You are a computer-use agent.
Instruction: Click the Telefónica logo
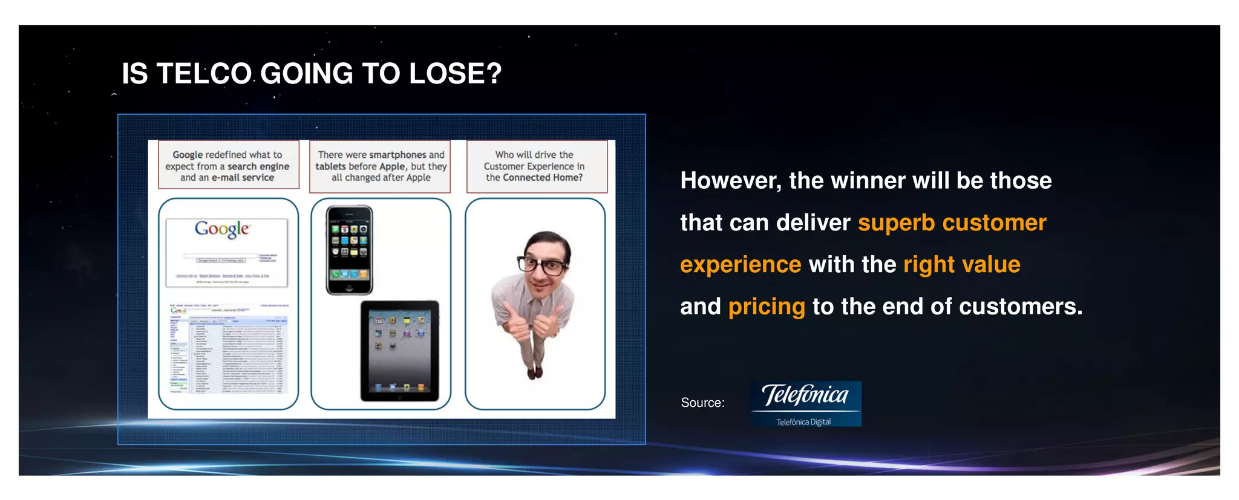tap(805, 403)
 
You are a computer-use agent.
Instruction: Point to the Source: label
tap(702, 403)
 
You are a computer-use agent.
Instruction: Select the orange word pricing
tap(767, 307)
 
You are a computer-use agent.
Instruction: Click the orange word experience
tap(740, 265)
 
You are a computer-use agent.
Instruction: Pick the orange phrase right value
tap(961, 265)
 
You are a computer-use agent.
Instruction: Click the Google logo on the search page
tap(222, 229)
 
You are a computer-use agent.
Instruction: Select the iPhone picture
tap(349, 250)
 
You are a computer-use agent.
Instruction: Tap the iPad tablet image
tap(400, 351)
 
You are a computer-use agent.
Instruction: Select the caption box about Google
tap(228, 166)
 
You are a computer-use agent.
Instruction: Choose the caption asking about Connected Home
tap(536, 166)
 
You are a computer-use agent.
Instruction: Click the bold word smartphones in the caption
tap(397, 155)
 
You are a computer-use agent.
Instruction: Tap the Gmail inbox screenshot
tap(228, 349)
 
